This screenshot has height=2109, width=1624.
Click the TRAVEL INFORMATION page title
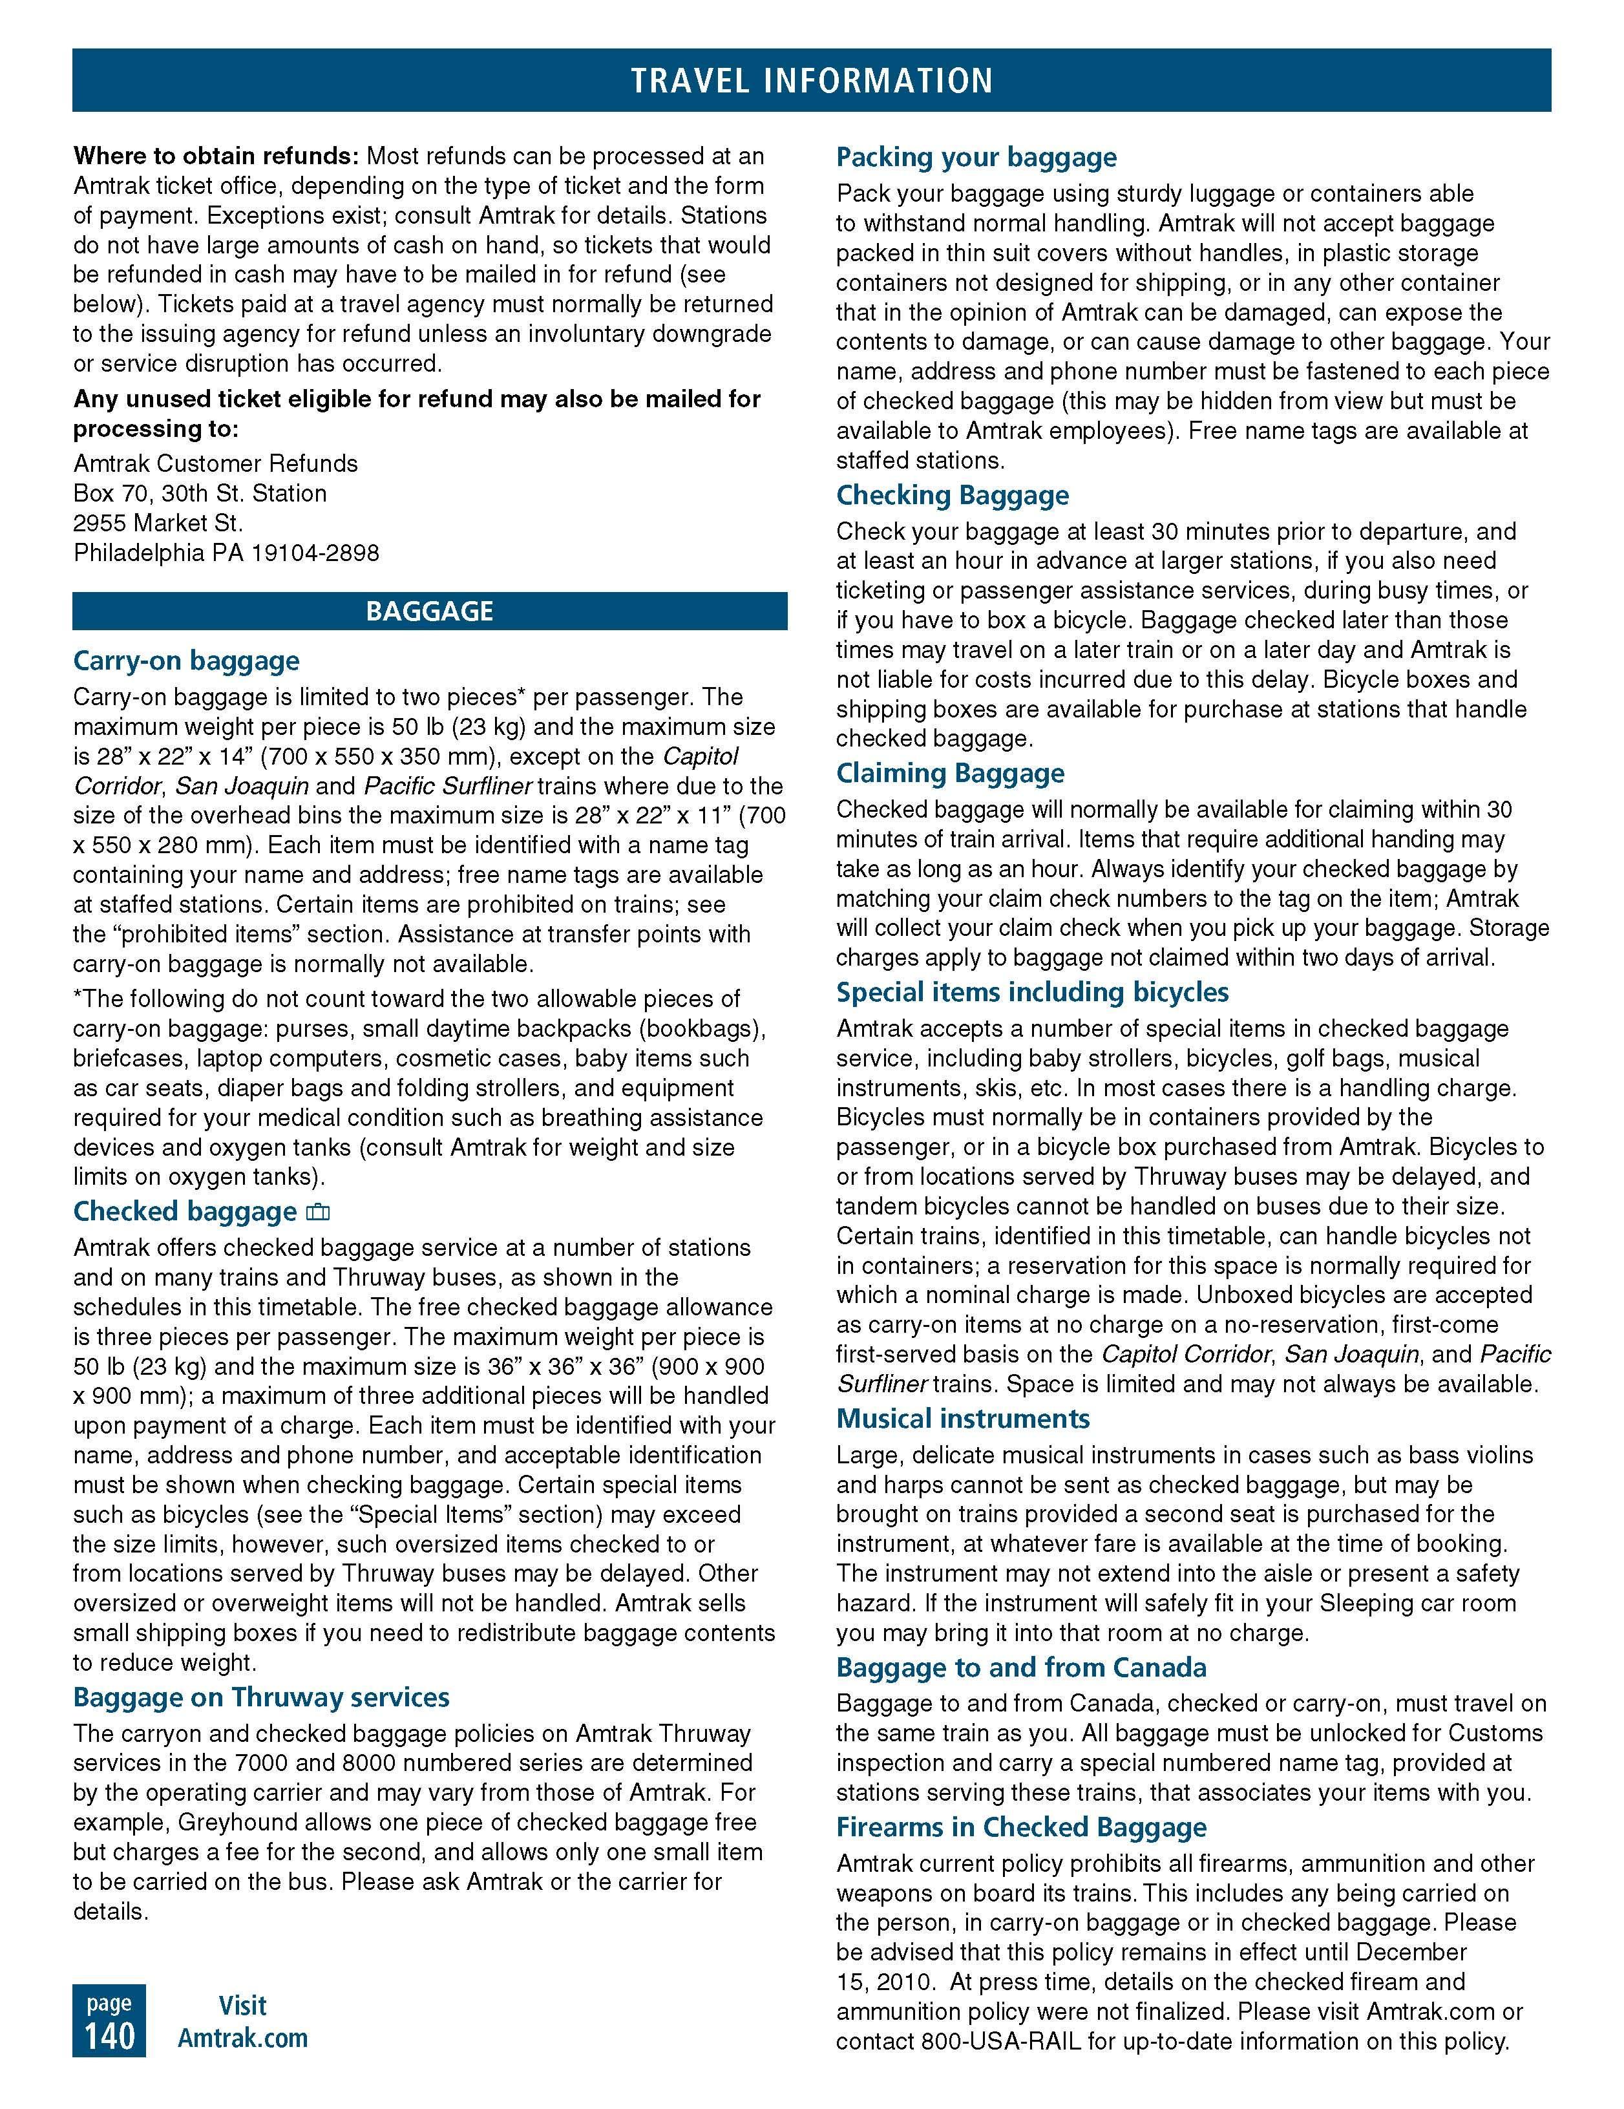pos(811,80)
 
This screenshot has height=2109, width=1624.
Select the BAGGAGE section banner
pos(430,611)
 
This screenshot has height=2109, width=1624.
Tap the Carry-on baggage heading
pos(186,661)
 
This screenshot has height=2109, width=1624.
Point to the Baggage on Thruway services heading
pos(260,1698)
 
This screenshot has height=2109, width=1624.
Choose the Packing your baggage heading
pos(976,158)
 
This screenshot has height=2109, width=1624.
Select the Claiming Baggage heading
pos(950,774)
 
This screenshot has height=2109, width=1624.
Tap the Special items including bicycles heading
pos(1032,993)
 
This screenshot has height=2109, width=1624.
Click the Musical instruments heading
pos(963,1419)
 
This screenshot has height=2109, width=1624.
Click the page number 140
pos(109,2035)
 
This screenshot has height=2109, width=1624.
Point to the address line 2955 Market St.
pos(158,524)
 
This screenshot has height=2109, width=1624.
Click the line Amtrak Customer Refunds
pos(215,463)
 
